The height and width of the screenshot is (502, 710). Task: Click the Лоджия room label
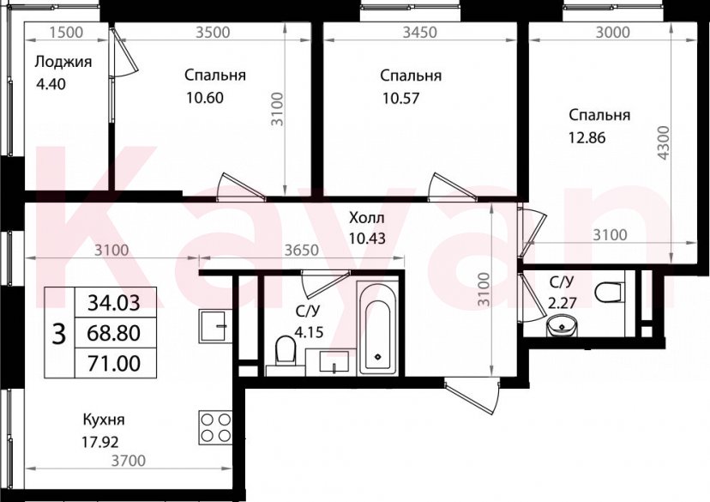63,62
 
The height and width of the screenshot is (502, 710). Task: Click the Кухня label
104,420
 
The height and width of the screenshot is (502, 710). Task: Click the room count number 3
59,333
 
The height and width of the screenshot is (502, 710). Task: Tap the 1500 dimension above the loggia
66,33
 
